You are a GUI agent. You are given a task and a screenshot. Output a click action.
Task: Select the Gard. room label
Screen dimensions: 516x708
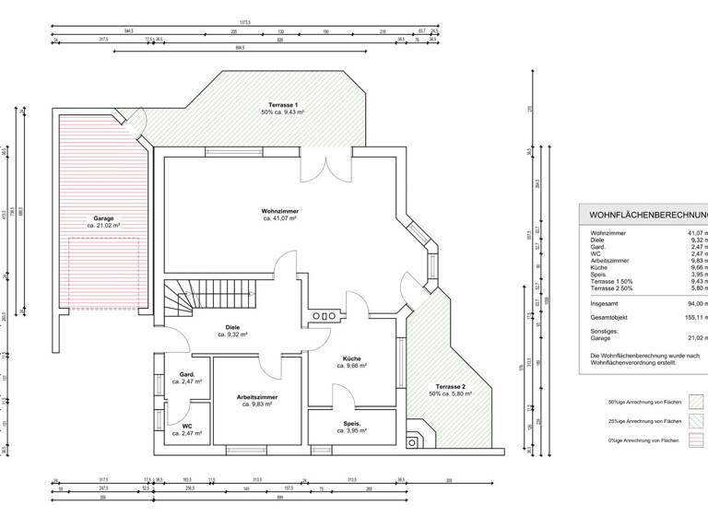click(186, 376)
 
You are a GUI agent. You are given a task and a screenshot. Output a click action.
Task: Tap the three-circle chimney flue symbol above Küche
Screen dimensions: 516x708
click(324, 316)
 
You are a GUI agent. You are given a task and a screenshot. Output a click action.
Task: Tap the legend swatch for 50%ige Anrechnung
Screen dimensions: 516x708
click(696, 401)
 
